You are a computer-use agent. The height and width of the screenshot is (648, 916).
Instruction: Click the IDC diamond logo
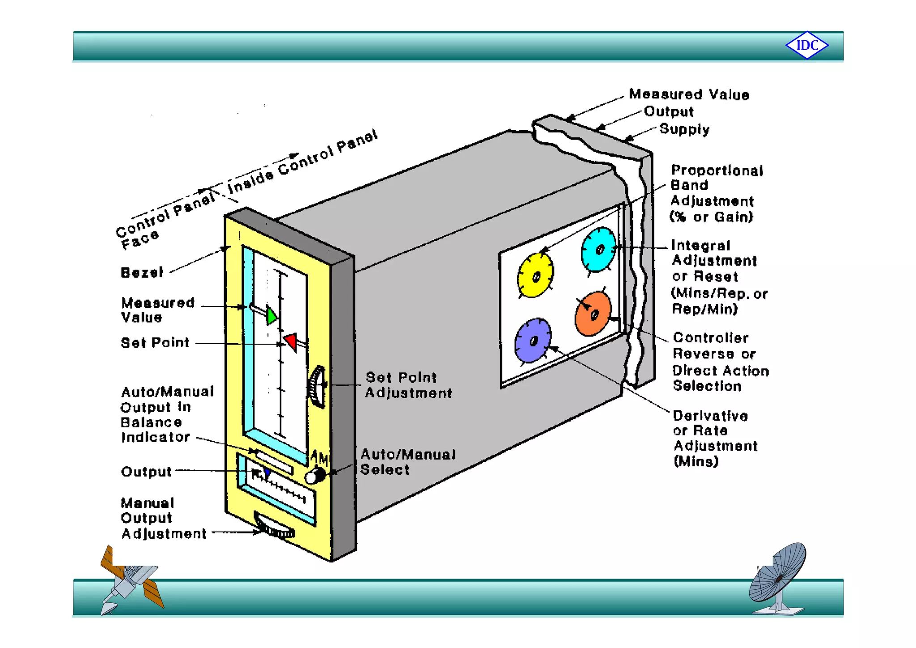(807, 45)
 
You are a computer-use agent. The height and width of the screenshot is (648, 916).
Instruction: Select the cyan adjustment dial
(598, 249)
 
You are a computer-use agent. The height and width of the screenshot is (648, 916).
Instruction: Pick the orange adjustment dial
(593, 314)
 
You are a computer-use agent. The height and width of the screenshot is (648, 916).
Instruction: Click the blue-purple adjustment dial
(532, 341)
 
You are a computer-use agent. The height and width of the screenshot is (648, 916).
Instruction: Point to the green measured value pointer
(271, 315)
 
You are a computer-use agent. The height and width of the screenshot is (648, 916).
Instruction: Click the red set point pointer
(291, 341)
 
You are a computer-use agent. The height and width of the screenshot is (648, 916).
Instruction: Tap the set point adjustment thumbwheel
(317, 387)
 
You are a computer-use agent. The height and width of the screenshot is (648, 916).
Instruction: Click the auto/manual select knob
(315, 475)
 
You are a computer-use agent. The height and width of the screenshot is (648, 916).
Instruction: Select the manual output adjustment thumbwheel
(274, 527)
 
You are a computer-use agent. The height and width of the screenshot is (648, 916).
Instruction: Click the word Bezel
(142, 273)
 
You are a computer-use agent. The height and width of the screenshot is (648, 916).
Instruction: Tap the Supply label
(684, 129)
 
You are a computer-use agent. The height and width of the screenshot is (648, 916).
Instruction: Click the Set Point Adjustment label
(408, 385)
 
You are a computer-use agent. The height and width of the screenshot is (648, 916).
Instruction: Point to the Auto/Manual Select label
(407, 462)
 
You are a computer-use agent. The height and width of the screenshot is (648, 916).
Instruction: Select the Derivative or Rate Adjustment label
(715, 438)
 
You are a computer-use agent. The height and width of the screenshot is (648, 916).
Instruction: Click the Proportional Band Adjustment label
(716, 193)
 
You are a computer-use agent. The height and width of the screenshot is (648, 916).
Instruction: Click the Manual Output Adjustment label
(163, 518)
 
